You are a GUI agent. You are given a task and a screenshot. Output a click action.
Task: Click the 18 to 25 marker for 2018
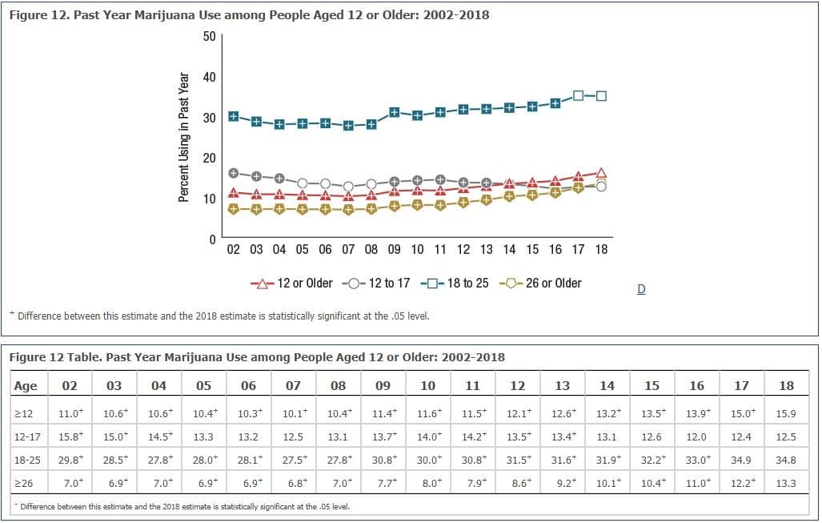[x=602, y=96]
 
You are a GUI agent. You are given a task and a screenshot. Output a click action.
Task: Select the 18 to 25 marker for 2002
[x=234, y=116]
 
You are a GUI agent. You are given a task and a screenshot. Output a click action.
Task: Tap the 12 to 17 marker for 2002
[x=234, y=173]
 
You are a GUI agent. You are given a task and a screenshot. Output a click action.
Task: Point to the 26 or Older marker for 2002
[x=234, y=209]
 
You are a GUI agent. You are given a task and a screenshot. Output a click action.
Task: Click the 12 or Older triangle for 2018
[x=602, y=173]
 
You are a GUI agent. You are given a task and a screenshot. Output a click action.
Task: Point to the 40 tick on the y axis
[x=210, y=77]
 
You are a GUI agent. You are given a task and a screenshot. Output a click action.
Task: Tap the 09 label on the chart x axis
[x=395, y=249]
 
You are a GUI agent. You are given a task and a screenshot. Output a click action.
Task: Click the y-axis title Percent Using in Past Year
[x=183, y=138]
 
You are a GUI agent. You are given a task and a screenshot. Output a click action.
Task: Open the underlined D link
[x=641, y=289]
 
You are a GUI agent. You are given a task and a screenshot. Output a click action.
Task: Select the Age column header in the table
[x=26, y=385]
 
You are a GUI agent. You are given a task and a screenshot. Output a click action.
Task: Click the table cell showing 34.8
[x=786, y=461]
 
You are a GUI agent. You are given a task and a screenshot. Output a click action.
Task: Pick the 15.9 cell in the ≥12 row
[x=786, y=414]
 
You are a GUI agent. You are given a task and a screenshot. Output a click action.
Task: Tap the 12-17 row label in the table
[x=27, y=437]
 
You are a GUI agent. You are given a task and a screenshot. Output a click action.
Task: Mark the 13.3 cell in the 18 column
[x=786, y=484]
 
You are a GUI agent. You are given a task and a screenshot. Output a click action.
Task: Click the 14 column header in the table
[x=607, y=385]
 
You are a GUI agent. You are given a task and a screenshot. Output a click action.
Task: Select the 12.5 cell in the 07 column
[x=293, y=437]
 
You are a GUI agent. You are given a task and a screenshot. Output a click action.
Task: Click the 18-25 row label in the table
[x=27, y=461]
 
